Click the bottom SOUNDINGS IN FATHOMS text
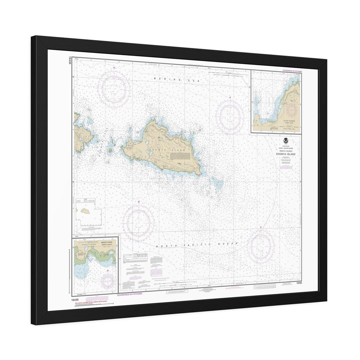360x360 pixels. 130,294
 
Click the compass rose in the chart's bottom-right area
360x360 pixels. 261,247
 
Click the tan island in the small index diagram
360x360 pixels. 86,211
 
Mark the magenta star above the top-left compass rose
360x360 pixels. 114,68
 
